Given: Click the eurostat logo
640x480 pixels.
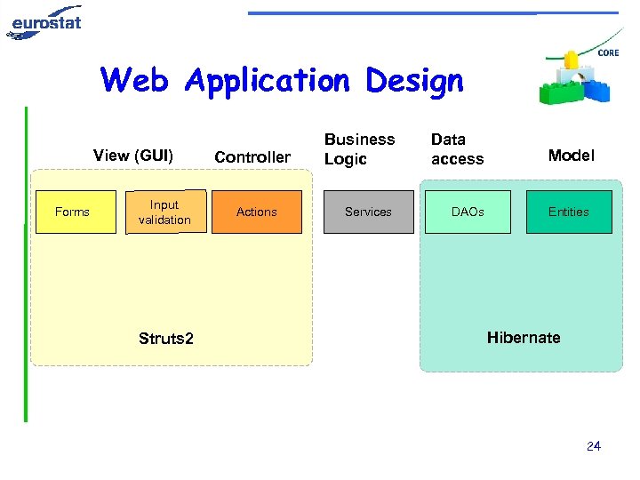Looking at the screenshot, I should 44,21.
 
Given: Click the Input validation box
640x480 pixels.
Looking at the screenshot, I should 165,212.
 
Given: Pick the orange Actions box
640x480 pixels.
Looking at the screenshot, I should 257,212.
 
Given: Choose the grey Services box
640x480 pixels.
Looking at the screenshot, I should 368,212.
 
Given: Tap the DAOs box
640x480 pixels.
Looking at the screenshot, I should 468,212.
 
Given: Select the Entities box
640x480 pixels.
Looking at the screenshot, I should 569,212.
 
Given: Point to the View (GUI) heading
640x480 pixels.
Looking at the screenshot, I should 133,156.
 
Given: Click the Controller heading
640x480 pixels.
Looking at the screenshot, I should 252,157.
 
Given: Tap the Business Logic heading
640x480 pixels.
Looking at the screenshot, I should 359,149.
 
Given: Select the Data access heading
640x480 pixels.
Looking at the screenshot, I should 457,149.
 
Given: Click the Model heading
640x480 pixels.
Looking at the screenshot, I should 571,156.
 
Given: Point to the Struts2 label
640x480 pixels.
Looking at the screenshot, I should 166,338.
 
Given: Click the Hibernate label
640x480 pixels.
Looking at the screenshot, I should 524,338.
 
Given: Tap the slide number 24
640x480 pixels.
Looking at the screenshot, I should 594,446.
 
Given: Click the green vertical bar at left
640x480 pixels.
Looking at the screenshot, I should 26,267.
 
